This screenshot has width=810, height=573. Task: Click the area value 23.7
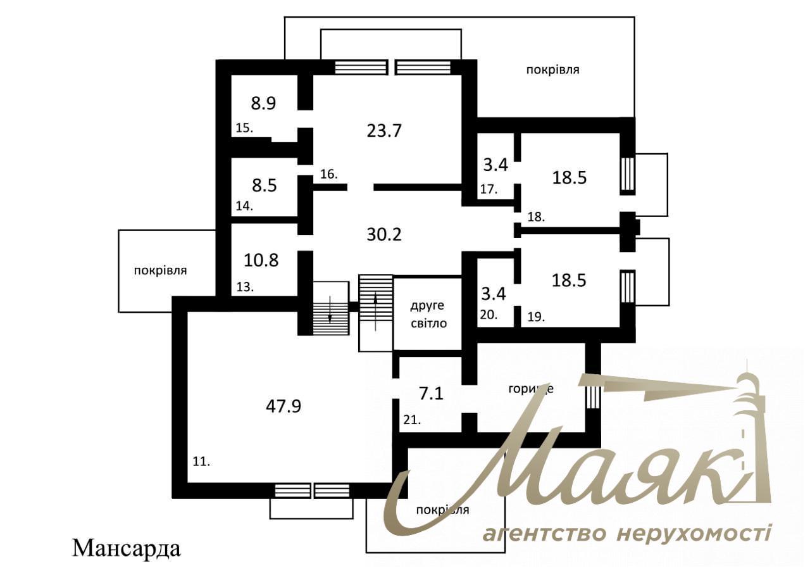point(384,131)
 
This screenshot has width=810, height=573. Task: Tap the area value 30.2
point(384,234)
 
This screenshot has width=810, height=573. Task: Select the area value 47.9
point(283,406)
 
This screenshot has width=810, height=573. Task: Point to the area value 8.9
point(263,103)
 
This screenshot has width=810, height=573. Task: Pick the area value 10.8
point(261,260)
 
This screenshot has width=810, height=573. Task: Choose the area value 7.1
point(431,394)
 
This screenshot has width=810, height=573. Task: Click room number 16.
point(328,173)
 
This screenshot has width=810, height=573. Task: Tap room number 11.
point(201,462)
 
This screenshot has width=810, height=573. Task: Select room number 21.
point(411,419)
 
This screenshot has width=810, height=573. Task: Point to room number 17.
point(489,189)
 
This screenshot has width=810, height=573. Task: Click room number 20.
point(489,314)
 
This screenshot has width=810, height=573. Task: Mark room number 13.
point(245,287)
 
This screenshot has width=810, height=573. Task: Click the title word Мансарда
point(127,548)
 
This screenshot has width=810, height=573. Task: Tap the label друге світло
point(428,315)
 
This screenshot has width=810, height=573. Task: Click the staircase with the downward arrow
point(331,308)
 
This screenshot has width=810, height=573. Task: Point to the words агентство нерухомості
point(626,533)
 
